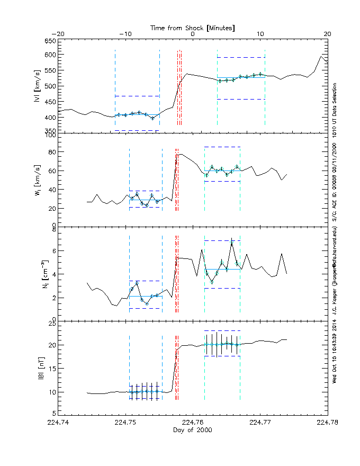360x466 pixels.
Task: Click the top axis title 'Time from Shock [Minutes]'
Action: [x=193, y=27]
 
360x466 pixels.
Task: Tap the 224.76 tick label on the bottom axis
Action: [x=193, y=423]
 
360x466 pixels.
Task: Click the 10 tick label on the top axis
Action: [x=260, y=34]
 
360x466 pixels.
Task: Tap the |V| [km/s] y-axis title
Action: [x=37, y=86]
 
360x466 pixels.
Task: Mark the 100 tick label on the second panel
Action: [x=50, y=136]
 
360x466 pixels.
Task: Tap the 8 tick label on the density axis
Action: [x=53, y=229]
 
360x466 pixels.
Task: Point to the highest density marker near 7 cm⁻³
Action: [x=231, y=245]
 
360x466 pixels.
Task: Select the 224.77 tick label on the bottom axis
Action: [x=260, y=423]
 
